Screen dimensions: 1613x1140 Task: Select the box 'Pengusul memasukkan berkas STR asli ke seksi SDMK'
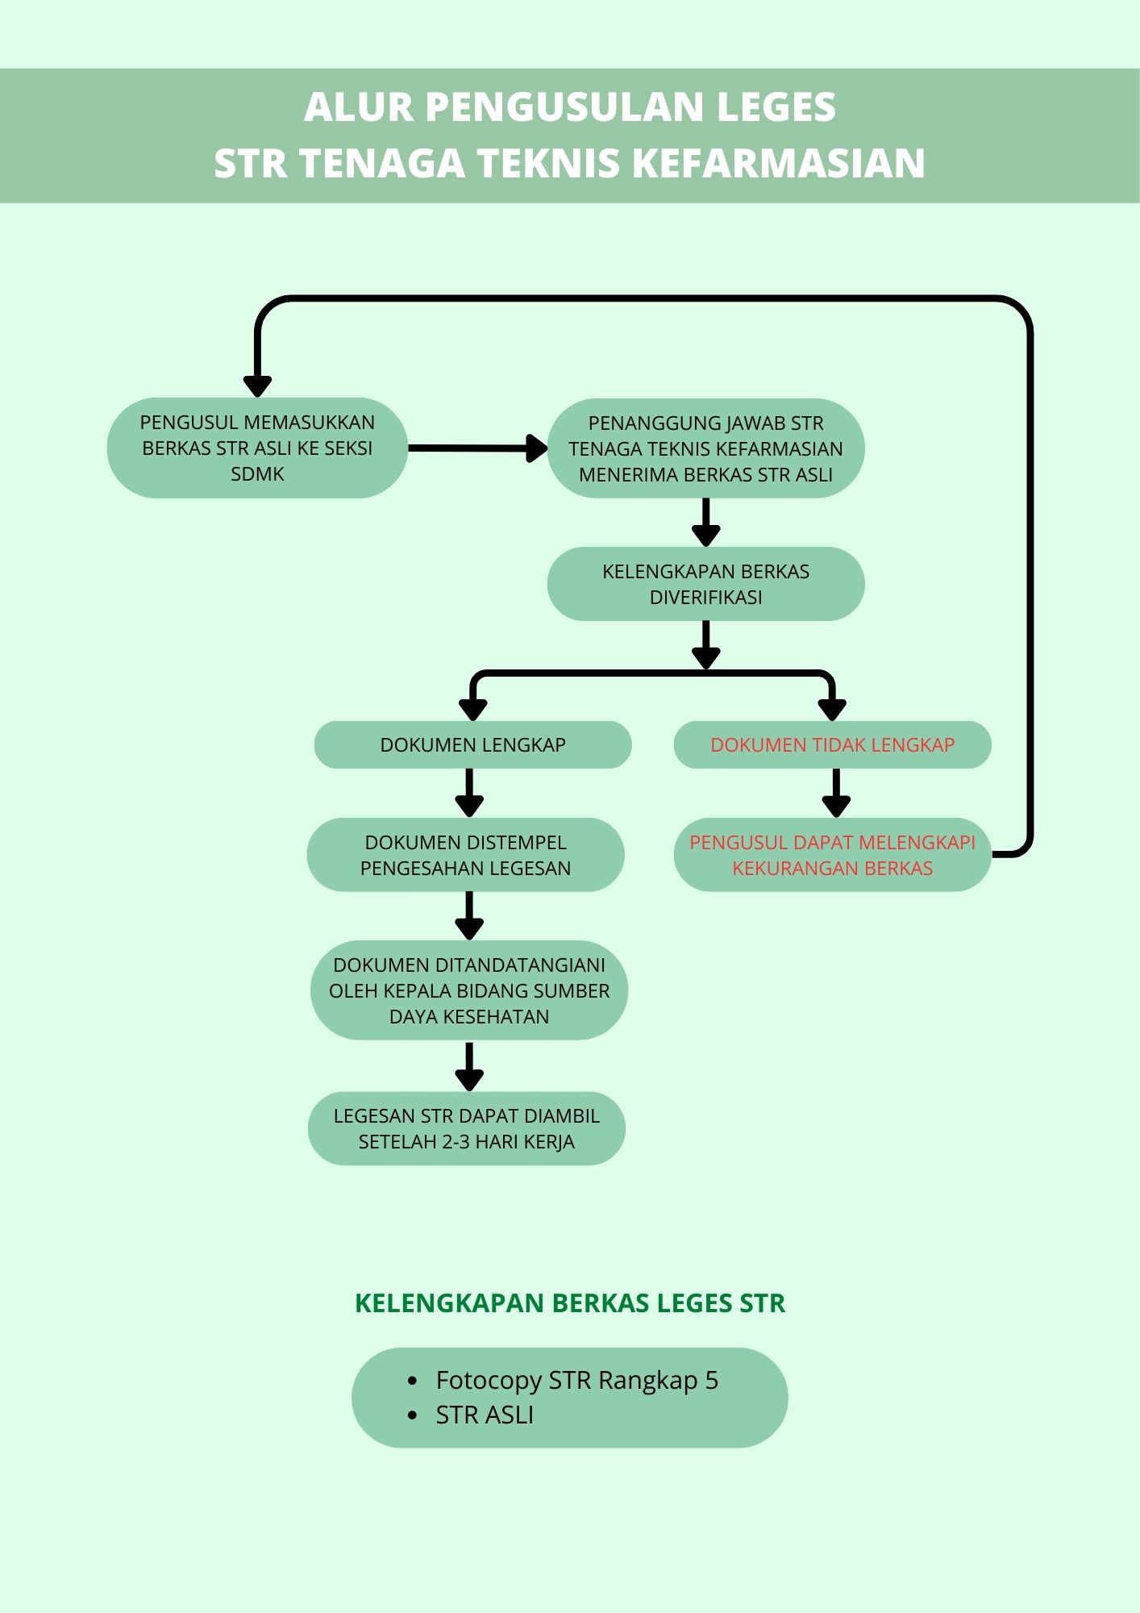(257, 448)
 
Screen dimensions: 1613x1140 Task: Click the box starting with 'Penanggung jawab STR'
(705, 448)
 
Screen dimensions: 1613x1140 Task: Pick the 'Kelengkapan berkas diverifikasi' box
(705, 584)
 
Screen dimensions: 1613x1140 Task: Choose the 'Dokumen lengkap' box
(472, 744)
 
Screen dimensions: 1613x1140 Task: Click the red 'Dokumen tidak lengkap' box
(832, 744)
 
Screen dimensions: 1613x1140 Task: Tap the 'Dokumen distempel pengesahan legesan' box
(465, 855)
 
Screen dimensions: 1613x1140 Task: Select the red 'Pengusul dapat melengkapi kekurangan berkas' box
(832, 855)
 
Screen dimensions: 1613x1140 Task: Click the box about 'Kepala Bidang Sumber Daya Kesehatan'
(468, 990)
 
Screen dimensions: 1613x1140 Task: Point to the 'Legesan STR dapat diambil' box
(466, 1128)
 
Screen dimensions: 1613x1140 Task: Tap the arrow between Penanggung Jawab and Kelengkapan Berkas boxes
(705, 523)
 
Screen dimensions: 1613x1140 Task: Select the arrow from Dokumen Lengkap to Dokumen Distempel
(469, 793)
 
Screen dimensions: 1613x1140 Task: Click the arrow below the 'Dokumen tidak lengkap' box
(836, 793)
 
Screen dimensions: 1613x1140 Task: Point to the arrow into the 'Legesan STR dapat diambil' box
(469, 1066)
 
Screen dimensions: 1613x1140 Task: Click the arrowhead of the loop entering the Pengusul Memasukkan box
(257, 385)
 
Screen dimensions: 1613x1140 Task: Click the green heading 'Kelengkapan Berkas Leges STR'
(570, 1303)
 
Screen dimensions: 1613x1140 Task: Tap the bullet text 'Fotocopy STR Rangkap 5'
(576, 1380)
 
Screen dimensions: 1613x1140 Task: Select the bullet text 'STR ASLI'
(485, 1415)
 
